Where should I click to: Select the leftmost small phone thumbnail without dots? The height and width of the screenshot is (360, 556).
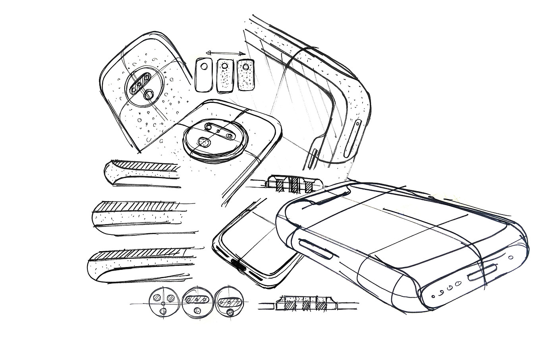(205, 75)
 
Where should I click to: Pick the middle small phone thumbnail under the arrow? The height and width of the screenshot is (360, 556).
(225, 75)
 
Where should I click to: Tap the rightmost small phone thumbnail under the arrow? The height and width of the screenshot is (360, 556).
(246, 75)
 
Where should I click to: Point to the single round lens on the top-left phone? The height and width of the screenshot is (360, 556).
(149, 94)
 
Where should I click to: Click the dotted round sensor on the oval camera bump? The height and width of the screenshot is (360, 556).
(204, 142)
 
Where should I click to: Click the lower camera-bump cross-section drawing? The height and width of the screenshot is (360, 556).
(304, 304)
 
